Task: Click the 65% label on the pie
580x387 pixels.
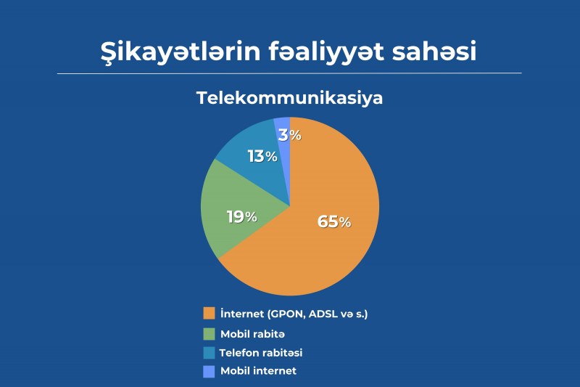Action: point(334,222)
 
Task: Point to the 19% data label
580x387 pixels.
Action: point(242,216)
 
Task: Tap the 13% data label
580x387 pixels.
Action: point(262,157)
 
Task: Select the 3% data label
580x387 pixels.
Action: point(290,135)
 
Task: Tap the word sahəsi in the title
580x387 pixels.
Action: point(434,51)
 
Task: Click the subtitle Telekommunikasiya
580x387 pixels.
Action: point(289,99)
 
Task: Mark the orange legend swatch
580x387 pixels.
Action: point(209,314)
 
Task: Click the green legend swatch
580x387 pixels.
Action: point(209,334)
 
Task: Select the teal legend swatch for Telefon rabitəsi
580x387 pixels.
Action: point(209,353)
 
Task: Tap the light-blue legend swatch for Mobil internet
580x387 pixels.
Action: point(209,372)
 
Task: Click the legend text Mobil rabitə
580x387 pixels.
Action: point(252,334)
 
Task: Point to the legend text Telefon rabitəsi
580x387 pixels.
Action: point(261,353)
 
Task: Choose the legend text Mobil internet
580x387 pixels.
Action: point(258,371)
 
